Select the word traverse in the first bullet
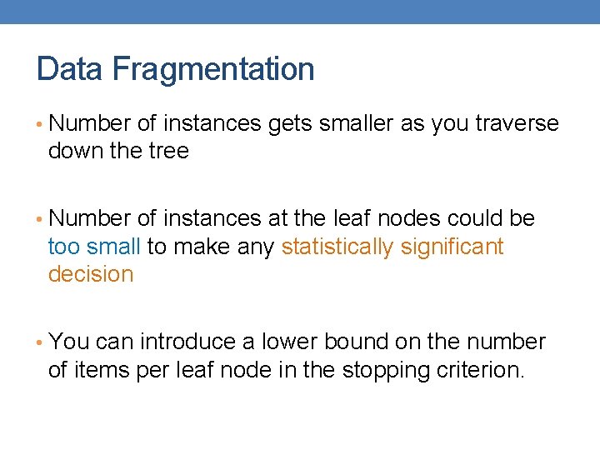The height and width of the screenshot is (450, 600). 517,124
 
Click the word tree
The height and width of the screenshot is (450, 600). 170,152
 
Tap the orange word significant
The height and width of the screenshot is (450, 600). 452,247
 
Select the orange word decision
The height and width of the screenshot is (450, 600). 91,275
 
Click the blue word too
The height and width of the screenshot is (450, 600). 63,247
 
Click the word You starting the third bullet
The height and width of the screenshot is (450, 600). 69,342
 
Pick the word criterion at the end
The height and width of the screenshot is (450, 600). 478,370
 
